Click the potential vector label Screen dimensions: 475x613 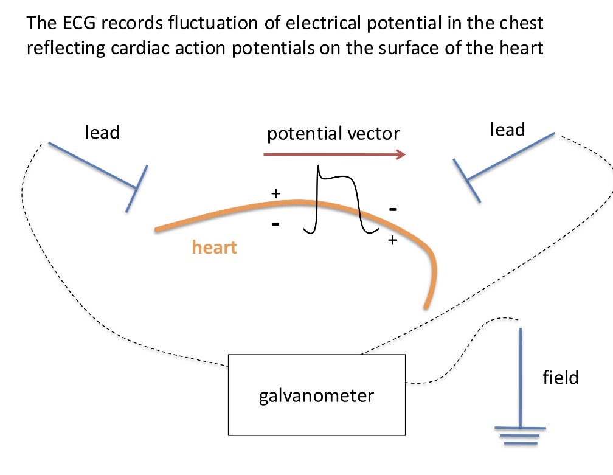pos(333,133)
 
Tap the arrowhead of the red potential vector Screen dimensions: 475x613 pos(401,155)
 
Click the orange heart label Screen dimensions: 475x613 pos(214,247)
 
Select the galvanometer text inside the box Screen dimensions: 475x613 pos(316,396)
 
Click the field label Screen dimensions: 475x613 pos(560,377)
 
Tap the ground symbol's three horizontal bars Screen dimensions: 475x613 pos(521,435)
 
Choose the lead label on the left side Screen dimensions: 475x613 pos(102,132)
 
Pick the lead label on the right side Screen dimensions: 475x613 pos(507,129)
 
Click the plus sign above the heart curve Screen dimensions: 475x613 pos(275,193)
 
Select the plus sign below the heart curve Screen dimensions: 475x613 pos(392,240)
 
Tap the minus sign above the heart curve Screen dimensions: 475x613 pos(393,209)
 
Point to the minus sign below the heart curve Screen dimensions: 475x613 pos(275,224)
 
